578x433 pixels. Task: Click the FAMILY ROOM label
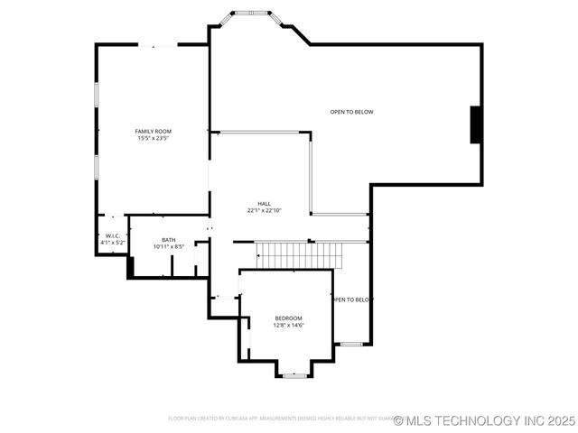tap(154, 132)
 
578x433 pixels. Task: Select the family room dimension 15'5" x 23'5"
tap(154, 139)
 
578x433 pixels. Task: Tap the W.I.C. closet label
tap(112, 236)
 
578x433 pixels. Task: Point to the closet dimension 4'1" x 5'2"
tap(112, 243)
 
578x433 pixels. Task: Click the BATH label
tap(169, 240)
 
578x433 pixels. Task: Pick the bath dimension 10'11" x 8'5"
tap(169, 246)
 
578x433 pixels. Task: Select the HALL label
tap(265, 204)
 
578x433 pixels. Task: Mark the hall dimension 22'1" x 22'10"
tap(265, 210)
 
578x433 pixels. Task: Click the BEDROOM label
tap(289, 318)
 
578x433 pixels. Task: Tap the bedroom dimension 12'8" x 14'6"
tap(289, 326)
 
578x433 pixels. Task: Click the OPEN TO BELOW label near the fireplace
tap(351, 112)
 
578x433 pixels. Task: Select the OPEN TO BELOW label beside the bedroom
tap(352, 299)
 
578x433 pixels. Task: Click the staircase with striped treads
tap(299, 255)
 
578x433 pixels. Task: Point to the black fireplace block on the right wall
tap(475, 124)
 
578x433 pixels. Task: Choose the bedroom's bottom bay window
tap(294, 374)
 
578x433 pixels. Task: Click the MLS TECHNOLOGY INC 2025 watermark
tap(484, 420)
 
